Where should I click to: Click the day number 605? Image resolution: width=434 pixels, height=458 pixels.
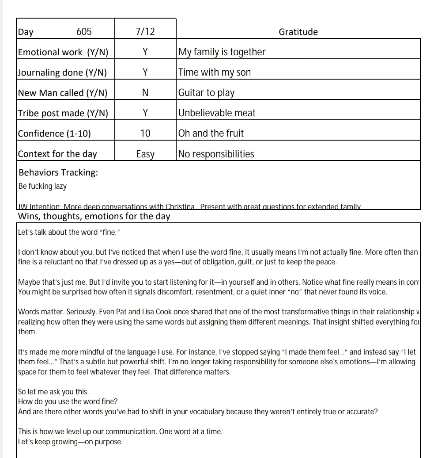tap(84, 32)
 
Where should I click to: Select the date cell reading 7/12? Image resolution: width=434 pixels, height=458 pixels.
tap(145, 32)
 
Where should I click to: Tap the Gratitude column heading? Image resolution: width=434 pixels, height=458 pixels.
tap(298, 32)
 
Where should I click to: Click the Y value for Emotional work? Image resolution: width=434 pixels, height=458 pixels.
tap(145, 52)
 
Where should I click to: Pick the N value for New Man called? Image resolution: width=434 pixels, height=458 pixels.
tap(145, 93)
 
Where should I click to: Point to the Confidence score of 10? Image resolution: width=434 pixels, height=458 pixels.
tap(145, 134)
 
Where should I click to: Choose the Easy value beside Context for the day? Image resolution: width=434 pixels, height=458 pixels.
tap(145, 154)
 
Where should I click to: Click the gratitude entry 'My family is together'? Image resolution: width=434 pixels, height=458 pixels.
tap(222, 52)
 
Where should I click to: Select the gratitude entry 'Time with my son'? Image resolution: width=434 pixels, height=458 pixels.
tap(214, 73)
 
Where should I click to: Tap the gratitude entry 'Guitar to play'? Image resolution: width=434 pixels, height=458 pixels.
tap(206, 93)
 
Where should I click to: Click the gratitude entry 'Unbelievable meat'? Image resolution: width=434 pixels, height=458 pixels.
tap(217, 113)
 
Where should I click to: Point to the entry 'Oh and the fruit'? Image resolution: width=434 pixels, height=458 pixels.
tap(211, 134)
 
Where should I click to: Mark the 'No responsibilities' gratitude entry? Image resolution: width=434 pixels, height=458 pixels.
tap(216, 154)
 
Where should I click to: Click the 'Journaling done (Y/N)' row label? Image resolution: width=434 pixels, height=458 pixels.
tap(62, 73)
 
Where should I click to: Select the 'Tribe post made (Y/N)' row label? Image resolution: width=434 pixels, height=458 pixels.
tap(63, 113)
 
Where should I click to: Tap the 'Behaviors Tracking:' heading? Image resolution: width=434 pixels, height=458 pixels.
tap(58, 172)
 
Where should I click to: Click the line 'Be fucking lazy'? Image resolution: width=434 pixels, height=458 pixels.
tap(42, 186)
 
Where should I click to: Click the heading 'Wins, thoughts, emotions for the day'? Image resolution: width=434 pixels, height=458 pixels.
tap(94, 217)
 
